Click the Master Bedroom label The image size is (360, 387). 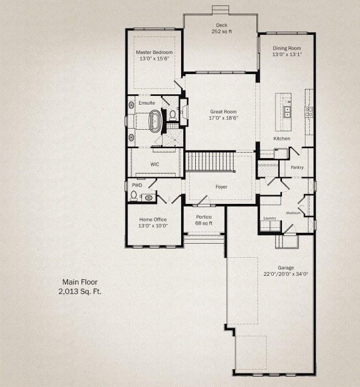[154, 52]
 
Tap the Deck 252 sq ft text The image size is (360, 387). [221, 28]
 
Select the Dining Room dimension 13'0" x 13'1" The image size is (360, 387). [287, 55]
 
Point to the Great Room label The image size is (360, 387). [223, 112]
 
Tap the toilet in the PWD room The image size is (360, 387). [134, 196]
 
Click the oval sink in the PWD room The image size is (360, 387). [149, 198]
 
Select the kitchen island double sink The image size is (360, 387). [287, 112]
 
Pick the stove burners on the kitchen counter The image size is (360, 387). [309, 112]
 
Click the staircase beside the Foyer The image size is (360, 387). [210, 162]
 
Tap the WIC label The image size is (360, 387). [155, 165]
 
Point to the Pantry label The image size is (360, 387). [297, 167]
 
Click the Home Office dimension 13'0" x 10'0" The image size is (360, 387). [153, 226]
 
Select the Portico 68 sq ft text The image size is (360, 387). [203, 220]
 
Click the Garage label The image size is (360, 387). [286, 268]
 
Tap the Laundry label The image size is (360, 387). [269, 218]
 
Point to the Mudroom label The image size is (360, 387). [293, 213]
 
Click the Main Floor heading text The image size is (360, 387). [80, 282]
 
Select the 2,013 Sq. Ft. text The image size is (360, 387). [80, 292]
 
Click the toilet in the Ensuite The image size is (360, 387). [172, 115]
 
